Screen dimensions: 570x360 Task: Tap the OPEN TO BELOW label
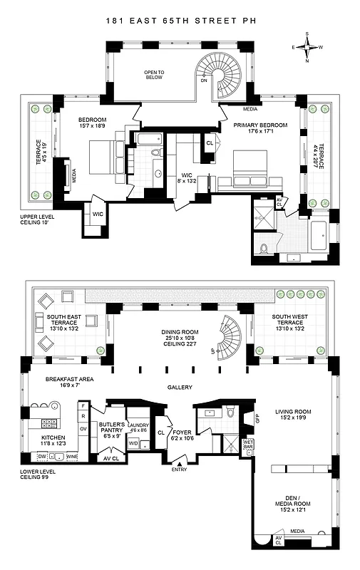[x=154, y=75]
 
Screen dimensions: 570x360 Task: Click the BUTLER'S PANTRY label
[x=113, y=428]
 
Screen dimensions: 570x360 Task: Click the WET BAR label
[x=248, y=445]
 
